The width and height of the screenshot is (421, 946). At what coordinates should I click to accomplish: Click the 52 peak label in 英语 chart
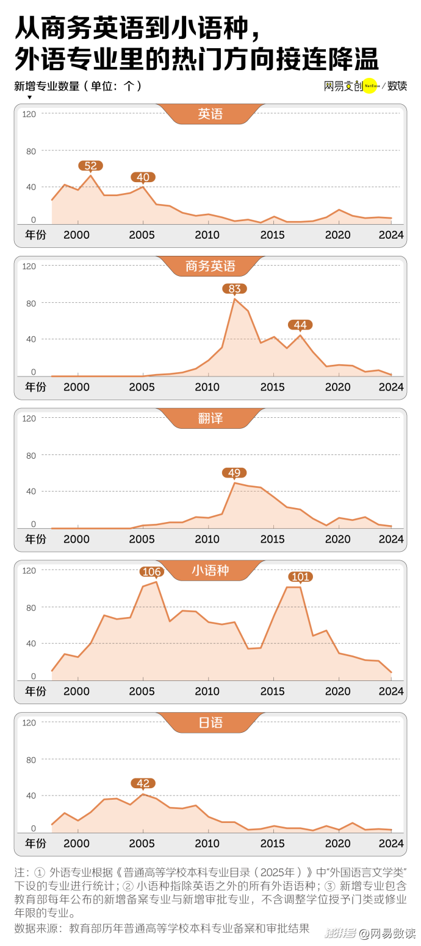point(90,166)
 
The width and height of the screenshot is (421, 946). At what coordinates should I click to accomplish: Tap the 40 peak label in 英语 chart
point(143,177)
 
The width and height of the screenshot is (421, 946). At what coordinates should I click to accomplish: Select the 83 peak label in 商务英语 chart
point(234,289)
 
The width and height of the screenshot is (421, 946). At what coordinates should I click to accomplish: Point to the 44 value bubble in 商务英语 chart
point(300,325)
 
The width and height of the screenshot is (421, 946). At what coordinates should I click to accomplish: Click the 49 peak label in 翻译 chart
point(234,473)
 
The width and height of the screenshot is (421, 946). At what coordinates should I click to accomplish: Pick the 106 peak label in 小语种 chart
point(151,571)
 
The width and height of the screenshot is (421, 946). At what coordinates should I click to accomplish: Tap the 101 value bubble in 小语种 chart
point(300,576)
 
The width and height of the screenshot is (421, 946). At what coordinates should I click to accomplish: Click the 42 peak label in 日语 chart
point(143,783)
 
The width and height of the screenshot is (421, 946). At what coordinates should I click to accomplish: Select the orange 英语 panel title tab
point(210,114)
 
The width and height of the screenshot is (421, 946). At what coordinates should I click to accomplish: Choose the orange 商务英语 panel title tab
point(210,266)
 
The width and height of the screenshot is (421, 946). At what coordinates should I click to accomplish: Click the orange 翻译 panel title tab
point(210,418)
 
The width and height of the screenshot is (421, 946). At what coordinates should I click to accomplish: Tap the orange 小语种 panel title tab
point(210,570)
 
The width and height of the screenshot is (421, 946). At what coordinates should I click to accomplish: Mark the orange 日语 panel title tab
point(210,723)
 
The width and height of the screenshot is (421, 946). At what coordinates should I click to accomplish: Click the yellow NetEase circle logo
point(370,86)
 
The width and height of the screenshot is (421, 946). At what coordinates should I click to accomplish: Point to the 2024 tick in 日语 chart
point(391,844)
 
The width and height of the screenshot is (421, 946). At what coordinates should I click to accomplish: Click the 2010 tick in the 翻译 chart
point(207,539)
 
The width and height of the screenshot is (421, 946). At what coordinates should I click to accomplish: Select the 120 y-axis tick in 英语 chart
point(29,114)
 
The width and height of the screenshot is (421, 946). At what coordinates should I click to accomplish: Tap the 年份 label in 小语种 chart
point(35,691)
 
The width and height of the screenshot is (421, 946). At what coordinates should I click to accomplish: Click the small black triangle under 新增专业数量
point(29,97)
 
